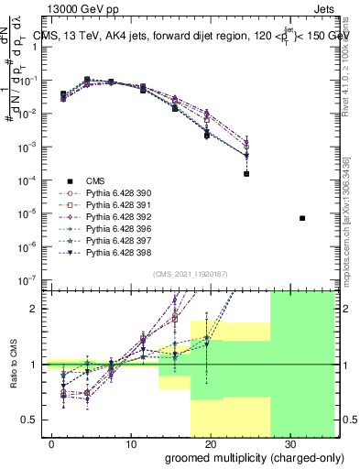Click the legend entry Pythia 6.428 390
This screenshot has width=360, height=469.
(x=115, y=193)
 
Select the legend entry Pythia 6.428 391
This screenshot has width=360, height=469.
(x=115, y=205)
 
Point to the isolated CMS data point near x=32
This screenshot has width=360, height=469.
(x=302, y=218)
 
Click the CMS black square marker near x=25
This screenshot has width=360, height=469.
(x=246, y=173)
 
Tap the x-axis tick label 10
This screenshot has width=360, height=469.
(x=131, y=443)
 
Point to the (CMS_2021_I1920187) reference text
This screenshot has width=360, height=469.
(x=190, y=274)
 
